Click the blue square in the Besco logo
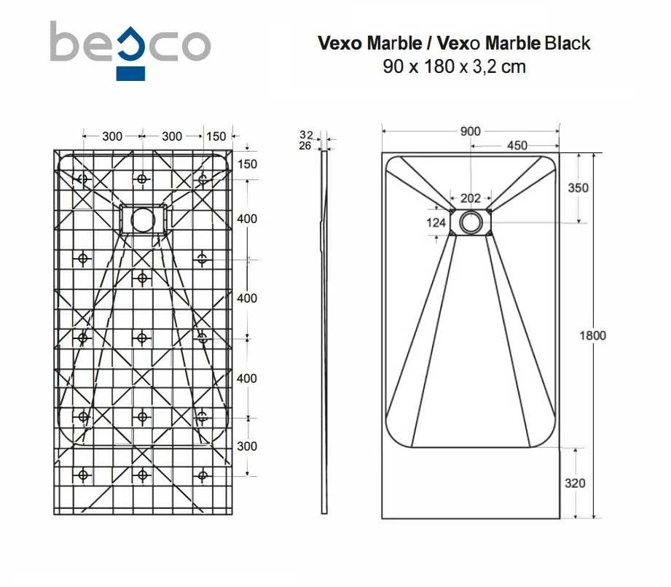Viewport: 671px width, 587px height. pos(130,74)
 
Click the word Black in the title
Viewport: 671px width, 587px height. pos(568,43)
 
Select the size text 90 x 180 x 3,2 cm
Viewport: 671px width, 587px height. pos(454,66)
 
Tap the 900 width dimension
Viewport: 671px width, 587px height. pos(471,131)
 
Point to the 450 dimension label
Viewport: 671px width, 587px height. pos(517,146)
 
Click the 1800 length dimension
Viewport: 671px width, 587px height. pos(593,335)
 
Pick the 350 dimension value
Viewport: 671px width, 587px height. pos(578,187)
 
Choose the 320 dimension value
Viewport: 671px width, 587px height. pos(575,483)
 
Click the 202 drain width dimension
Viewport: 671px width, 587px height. pos(471,198)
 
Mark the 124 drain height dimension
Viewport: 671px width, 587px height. pos(436,222)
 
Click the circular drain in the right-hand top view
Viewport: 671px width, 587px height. pos(471,222)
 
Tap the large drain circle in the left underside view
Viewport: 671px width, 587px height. pos(143,220)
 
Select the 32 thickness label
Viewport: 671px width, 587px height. pos(306,136)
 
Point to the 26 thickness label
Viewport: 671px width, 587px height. pos(305,146)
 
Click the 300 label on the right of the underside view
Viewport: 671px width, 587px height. pos(247,446)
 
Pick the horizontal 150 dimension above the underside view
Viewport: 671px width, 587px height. pos(216,136)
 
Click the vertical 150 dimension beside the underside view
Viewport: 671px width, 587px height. pos(247,164)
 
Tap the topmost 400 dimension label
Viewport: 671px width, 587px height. pos(247,219)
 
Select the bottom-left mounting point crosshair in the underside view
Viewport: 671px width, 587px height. pos(82,475)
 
